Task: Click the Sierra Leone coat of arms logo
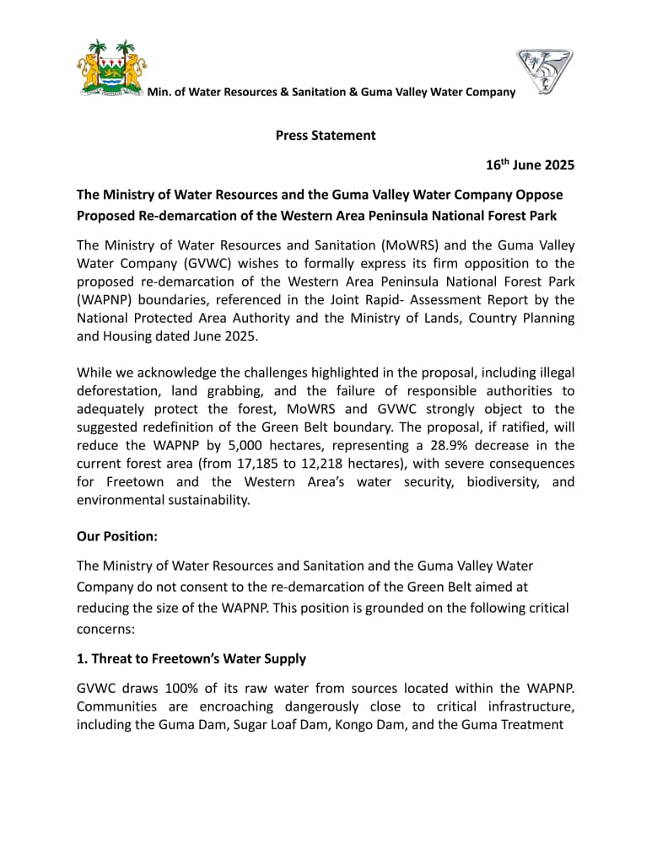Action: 111,68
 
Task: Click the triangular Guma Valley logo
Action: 544,71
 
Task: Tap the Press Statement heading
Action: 326,135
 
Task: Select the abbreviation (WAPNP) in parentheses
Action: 105,301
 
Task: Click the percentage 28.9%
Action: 439,445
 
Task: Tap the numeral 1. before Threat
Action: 82,658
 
